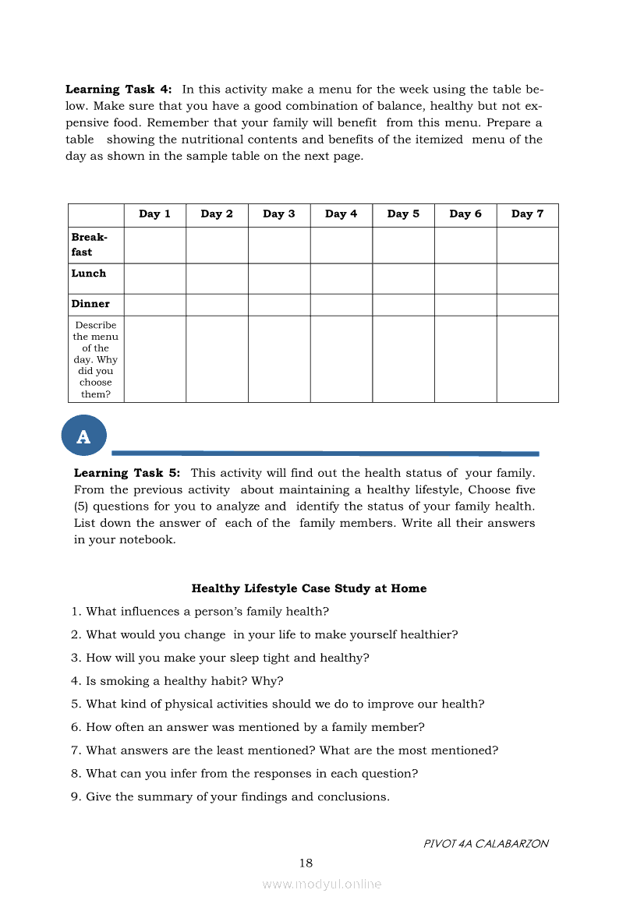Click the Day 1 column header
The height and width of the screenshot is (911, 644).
tap(154, 214)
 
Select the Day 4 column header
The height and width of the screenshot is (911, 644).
tap(341, 214)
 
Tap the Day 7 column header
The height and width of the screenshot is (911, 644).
tap(527, 214)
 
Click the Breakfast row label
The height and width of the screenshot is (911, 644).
tap(89, 245)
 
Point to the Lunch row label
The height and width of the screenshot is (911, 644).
tap(88, 274)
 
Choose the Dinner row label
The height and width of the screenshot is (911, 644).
tap(90, 304)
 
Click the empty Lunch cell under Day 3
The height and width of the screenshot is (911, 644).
tap(279, 278)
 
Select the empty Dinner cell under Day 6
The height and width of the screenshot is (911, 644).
tap(465, 305)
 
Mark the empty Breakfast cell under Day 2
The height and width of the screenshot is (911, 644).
tap(217, 245)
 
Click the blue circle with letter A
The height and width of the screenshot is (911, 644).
tap(83, 437)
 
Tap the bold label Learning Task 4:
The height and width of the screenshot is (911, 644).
tap(119, 90)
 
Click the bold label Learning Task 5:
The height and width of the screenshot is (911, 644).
tap(127, 473)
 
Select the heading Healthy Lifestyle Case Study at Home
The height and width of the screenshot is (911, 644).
tap(309, 588)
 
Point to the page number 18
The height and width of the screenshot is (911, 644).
tap(306, 863)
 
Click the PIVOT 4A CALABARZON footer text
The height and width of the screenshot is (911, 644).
tap(486, 843)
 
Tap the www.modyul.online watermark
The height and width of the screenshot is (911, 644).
tap(321, 884)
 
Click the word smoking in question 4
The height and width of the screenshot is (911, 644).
tap(121, 681)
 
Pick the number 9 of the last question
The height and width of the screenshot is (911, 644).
tap(75, 796)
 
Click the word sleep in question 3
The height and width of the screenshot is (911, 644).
tap(220, 658)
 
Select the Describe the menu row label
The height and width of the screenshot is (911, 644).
tap(96, 359)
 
